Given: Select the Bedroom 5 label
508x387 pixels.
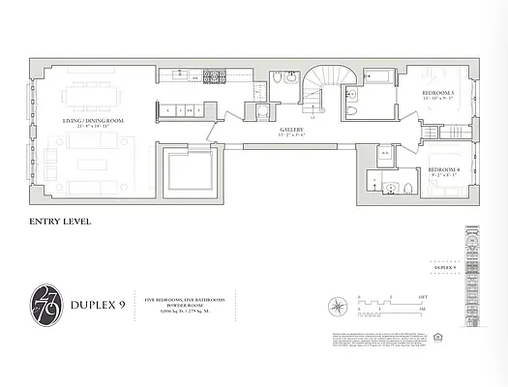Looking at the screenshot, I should coord(438,95).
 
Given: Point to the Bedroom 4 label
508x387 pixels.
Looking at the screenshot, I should coord(442,173).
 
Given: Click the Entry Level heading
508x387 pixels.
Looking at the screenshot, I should coord(61,222).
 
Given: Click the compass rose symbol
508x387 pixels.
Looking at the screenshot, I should coord(336,307).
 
